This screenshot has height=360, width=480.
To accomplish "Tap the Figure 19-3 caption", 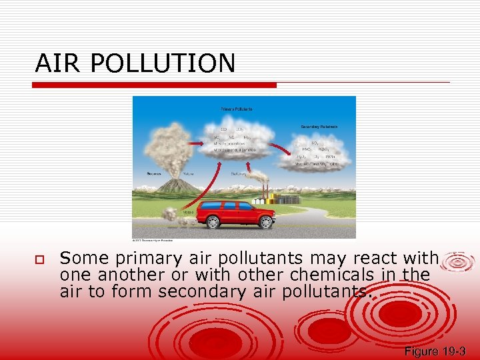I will coord(434,351).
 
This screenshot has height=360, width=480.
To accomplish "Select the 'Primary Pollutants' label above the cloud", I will coord(236,108).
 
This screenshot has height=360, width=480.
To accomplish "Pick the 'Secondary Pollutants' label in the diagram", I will coord(319,126).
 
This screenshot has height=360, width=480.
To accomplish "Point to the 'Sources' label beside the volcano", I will coord(155,173).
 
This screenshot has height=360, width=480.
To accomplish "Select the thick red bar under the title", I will coord(155,85).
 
